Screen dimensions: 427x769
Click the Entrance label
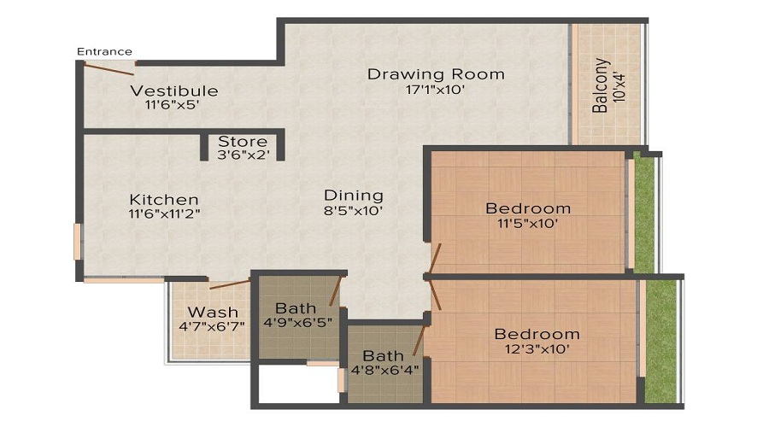(x=104, y=51)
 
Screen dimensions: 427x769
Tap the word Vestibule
(x=173, y=91)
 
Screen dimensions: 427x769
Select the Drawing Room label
(x=436, y=74)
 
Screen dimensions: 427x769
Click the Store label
(x=243, y=141)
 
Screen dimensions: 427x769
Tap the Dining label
(x=353, y=196)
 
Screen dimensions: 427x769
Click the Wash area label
(x=213, y=312)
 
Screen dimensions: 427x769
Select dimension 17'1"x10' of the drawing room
(x=436, y=91)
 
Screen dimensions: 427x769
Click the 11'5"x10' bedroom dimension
(x=527, y=224)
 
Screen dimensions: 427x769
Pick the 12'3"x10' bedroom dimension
(x=537, y=348)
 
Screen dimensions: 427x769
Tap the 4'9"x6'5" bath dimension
(x=296, y=323)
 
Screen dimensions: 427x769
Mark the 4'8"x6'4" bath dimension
(x=383, y=370)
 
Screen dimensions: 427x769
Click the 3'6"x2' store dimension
(x=243, y=155)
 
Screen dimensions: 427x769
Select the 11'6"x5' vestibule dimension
(x=173, y=106)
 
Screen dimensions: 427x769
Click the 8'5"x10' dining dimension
(x=353, y=210)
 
